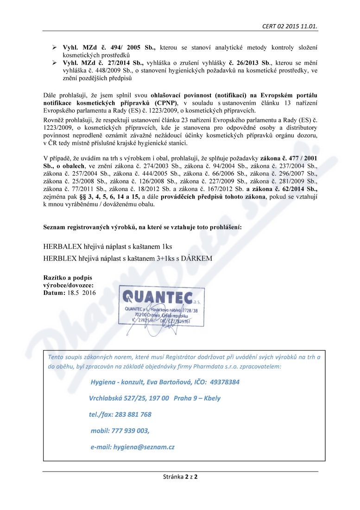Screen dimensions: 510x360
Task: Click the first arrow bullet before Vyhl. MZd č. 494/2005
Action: (x=54, y=48)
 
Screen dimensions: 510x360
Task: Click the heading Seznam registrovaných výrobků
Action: (x=142, y=228)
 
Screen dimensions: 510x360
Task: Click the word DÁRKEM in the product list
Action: (x=198, y=259)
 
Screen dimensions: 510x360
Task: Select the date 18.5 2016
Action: (x=80, y=293)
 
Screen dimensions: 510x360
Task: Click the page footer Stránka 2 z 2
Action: (x=180, y=477)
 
